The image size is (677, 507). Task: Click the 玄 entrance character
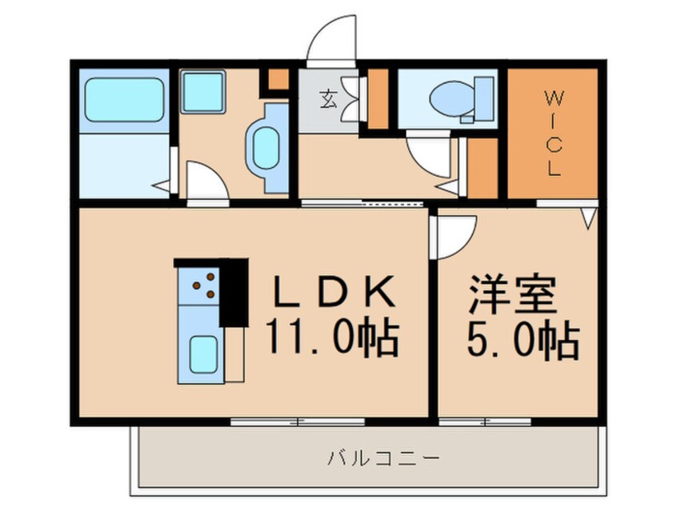(x=328, y=101)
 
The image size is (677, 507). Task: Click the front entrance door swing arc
(x=330, y=40)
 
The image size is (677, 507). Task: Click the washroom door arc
(x=207, y=180)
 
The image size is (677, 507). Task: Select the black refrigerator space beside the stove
(x=233, y=291)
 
